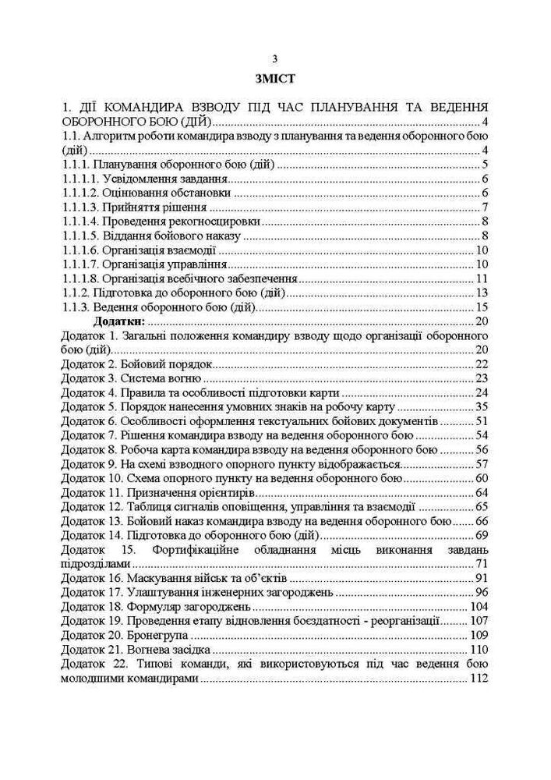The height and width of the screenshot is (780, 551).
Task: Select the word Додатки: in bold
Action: pyautogui.click(x=119, y=321)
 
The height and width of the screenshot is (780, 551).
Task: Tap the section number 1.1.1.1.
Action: pyautogui.click(x=79, y=179)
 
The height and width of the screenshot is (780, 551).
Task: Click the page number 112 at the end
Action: pyautogui.click(x=479, y=679)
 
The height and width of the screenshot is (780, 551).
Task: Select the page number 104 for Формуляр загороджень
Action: pyautogui.click(x=479, y=606)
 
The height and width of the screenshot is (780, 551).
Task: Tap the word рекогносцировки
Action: pyautogui.click(x=210, y=222)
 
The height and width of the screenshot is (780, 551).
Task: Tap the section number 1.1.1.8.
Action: pyautogui.click(x=79, y=278)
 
